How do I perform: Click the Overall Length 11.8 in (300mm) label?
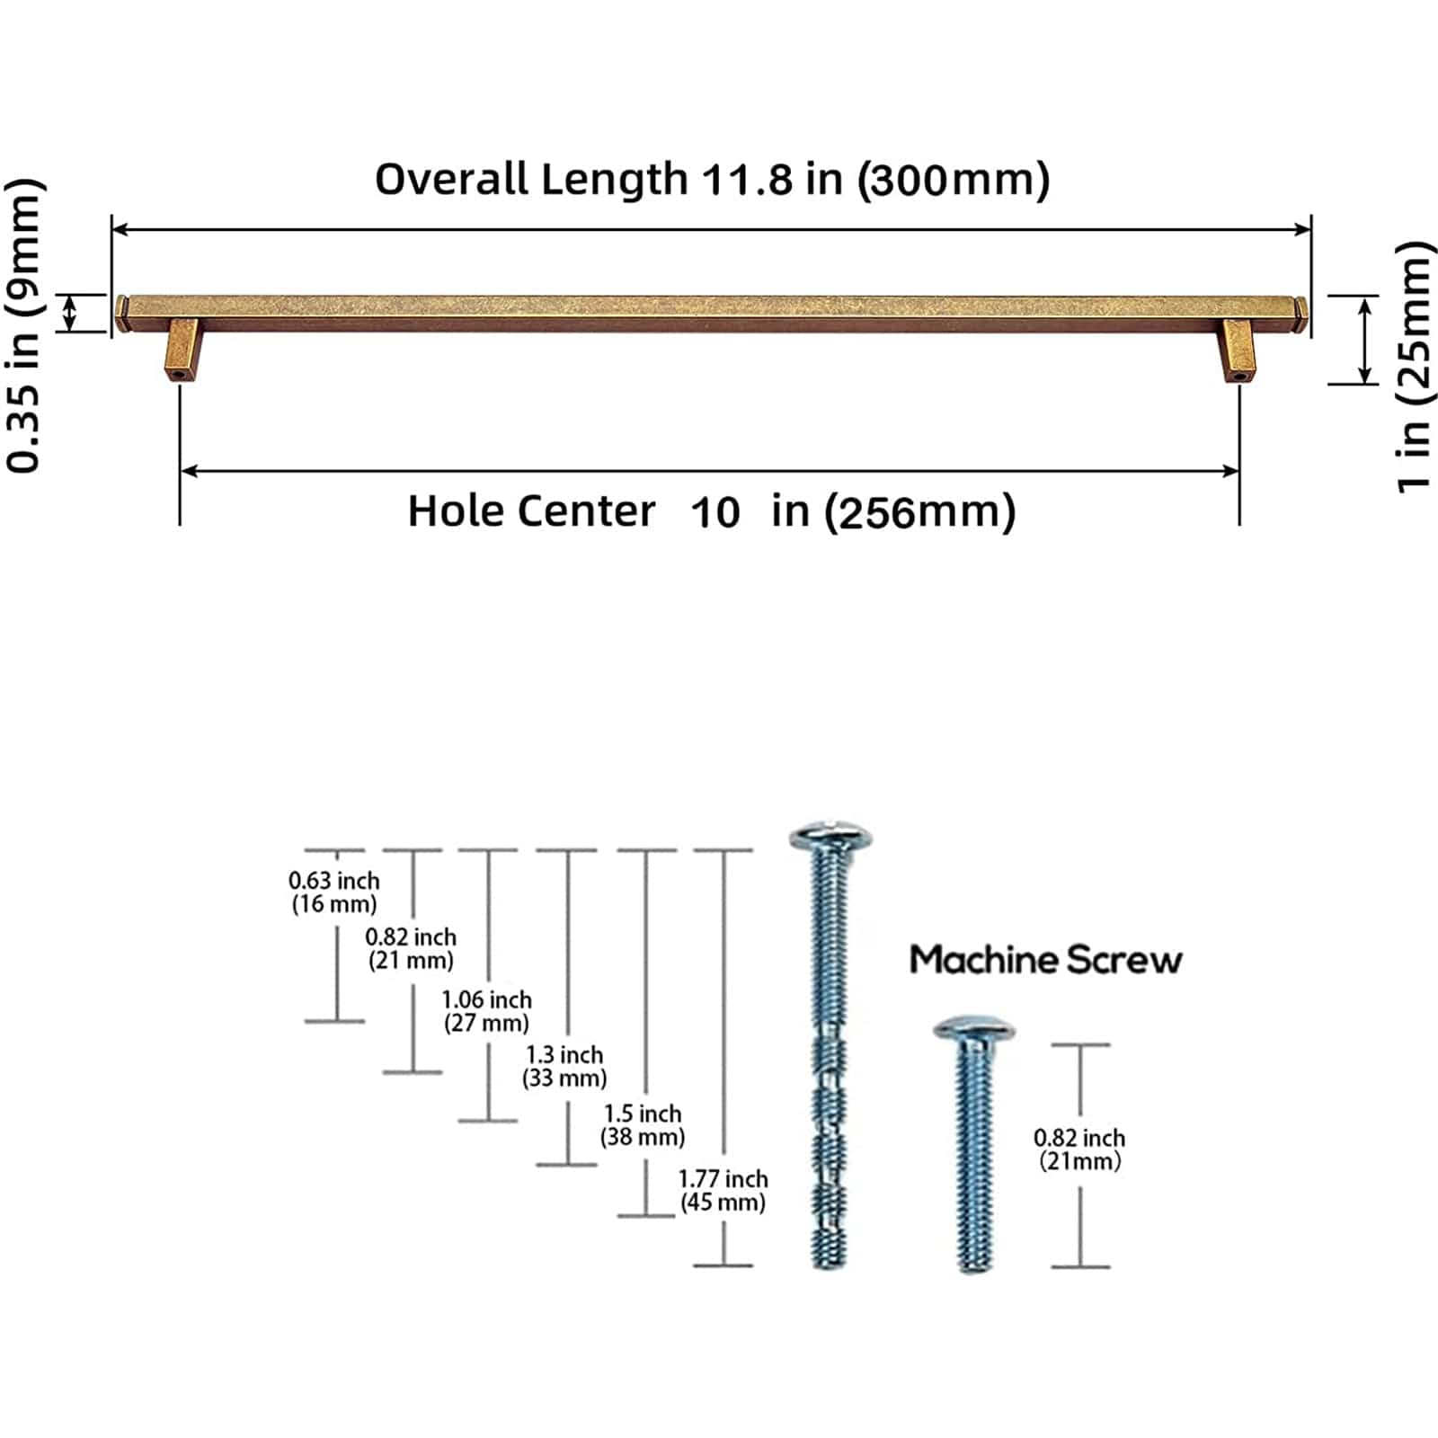(x=712, y=179)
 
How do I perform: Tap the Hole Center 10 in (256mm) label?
(x=712, y=511)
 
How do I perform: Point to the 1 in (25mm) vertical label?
(x=1413, y=367)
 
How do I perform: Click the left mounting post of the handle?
(x=181, y=350)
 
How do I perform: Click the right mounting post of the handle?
(x=1237, y=351)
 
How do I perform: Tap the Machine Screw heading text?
(x=1045, y=960)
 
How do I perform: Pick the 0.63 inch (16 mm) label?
(x=334, y=892)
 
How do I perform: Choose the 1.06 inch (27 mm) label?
(x=486, y=1010)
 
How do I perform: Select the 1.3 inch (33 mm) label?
(x=564, y=1065)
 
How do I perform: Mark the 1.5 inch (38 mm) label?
(x=643, y=1124)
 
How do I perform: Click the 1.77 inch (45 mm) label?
(x=723, y=1190)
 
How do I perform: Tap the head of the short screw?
(x=973, y=1029)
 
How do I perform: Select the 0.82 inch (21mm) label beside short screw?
(x=1079, y=1149)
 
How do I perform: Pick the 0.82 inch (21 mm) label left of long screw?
(x=411, y=948)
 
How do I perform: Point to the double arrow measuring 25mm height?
(x=1364, y=341)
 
